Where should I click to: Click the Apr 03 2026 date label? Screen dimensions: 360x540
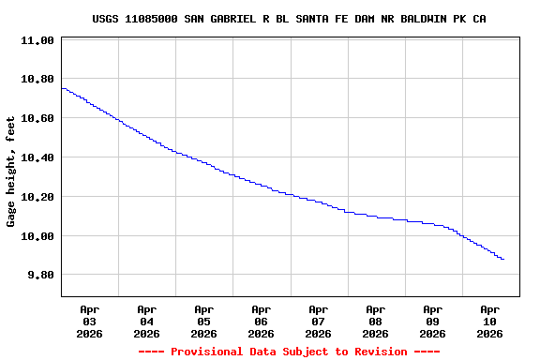point(90,321)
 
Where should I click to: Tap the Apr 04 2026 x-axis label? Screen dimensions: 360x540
point(147,321)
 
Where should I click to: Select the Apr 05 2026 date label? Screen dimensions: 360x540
point(204,321)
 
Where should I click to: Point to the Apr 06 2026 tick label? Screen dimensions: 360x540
point(262,321)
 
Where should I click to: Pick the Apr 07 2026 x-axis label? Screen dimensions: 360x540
point(319,321)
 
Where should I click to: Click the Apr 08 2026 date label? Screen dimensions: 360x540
point(376,321)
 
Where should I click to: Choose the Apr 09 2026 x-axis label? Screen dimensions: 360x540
point(433,321)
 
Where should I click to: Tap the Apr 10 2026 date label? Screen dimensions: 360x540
point(490,321)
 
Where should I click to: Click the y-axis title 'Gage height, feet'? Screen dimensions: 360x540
point(11,172)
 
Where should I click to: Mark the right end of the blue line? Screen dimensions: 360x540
point(503,259)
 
